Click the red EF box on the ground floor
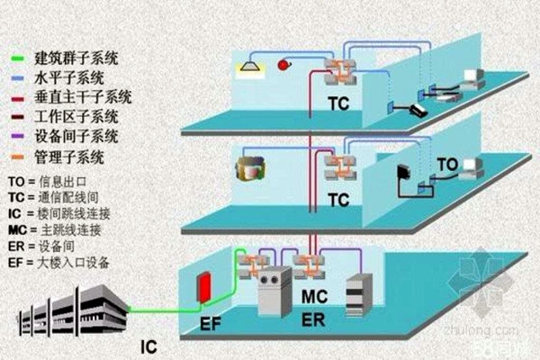point(205,287)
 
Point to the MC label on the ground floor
point(314,296)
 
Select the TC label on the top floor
point(338,104)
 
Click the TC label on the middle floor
point(338,201)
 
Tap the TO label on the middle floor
point(447,165)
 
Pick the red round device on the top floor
point(284,65)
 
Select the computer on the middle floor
point(470,169)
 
